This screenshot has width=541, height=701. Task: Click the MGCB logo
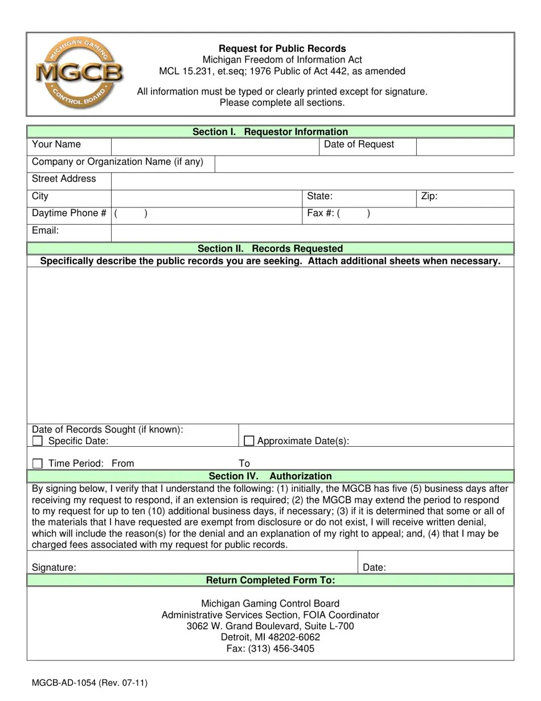tap(79, 73)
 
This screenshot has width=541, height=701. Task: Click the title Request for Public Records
tap(282, 48)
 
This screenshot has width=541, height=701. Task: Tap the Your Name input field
tap(215, 146)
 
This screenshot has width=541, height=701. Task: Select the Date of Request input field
tap(465, 146)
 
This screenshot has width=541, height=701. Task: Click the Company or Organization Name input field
tap(364, 164)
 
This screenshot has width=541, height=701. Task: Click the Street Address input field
tap(312, 181)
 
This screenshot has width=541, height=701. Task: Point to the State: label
tap(320, 197)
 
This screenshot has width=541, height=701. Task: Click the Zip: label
tap(429, 197)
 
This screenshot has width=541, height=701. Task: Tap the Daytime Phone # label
tap(69, 213)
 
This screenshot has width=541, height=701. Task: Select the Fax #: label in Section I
tap(320, 214)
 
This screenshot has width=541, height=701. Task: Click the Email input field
tap(312, 233)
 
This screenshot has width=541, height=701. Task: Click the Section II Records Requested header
tap(270, 248)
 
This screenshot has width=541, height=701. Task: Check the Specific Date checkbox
tap(38, 441)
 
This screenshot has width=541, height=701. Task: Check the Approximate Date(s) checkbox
tap(249, 441)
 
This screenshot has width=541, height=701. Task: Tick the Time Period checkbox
tap(38, 463)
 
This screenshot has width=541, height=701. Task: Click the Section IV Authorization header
tap(270, 476)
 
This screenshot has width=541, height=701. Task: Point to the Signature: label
tap(54, 568)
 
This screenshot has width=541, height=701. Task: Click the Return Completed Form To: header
tap(270, 580)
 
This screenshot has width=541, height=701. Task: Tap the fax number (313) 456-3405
tap(270, 649)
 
